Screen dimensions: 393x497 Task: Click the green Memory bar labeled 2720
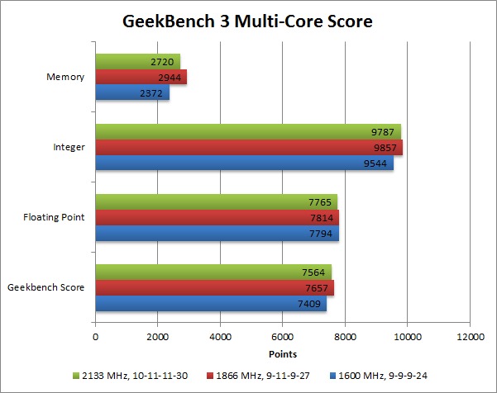point(137,61)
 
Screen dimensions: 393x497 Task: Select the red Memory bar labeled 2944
point(141,77)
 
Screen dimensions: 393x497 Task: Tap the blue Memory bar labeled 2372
point(132,92)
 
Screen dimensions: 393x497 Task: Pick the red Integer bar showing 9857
point(248,148)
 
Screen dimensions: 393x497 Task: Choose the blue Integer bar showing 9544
point(244,163)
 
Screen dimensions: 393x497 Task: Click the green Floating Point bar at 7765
point(216,202)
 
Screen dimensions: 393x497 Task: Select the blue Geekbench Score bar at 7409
point(211,304)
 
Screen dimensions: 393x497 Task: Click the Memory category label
point(67,78)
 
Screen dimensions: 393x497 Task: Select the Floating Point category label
point(55,218)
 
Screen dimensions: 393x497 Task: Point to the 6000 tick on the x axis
point(283,337)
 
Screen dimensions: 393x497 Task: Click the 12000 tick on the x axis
point(470,337)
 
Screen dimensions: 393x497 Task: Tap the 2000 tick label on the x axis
point(158,337)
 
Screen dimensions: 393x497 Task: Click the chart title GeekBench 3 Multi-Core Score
point(248,21)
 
